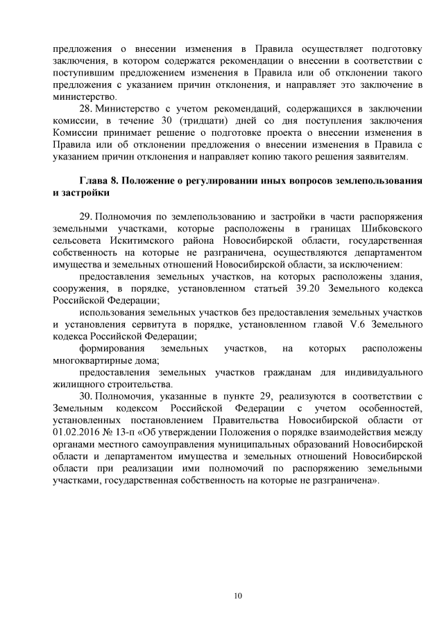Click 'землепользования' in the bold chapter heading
379,181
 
